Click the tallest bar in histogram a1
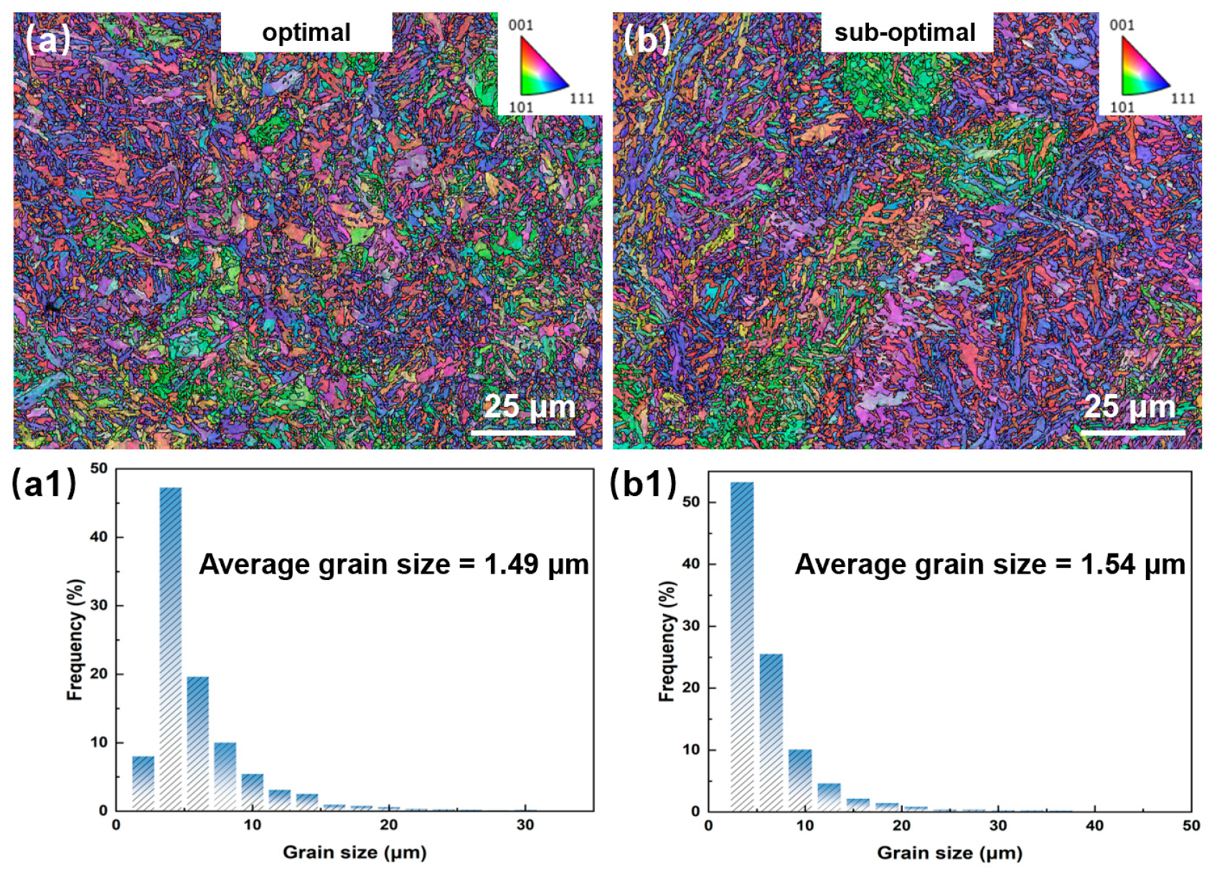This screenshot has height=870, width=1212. pyautogui.click(x=170, y=646)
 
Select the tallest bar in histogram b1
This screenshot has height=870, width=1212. pyautogui.click(x=742, y=646)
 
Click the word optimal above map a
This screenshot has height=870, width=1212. pyautogui.click(x=306, y=32)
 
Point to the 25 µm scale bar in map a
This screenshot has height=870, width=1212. pyautogui.click(x=523, y=433)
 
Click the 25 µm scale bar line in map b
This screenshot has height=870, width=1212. pyautogui.click(x=1132, y=433)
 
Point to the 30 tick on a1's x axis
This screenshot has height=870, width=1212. pyautogui.click(x=525, y=825)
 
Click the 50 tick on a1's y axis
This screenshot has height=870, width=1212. pyautogui.click(x=99, y=468)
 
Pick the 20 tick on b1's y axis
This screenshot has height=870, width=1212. pyautogui.click(x=691, y=688)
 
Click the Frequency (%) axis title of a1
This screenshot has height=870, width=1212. pyautogui.click(x=75, y=639)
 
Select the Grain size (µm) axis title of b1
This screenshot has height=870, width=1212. pyautogui.click(x=949, y=853)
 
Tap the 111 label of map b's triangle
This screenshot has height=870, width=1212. pyautogui.click(x=1183, y=98)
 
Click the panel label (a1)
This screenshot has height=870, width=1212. pyautogui.click(x=44, y=484)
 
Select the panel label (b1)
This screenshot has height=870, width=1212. pyautogui.click(x=643, y=484)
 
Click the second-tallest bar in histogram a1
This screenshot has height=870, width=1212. pyautogui.click(x=197, y=743)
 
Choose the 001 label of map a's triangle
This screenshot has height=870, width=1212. pyautogui.click(x=521, y=25)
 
